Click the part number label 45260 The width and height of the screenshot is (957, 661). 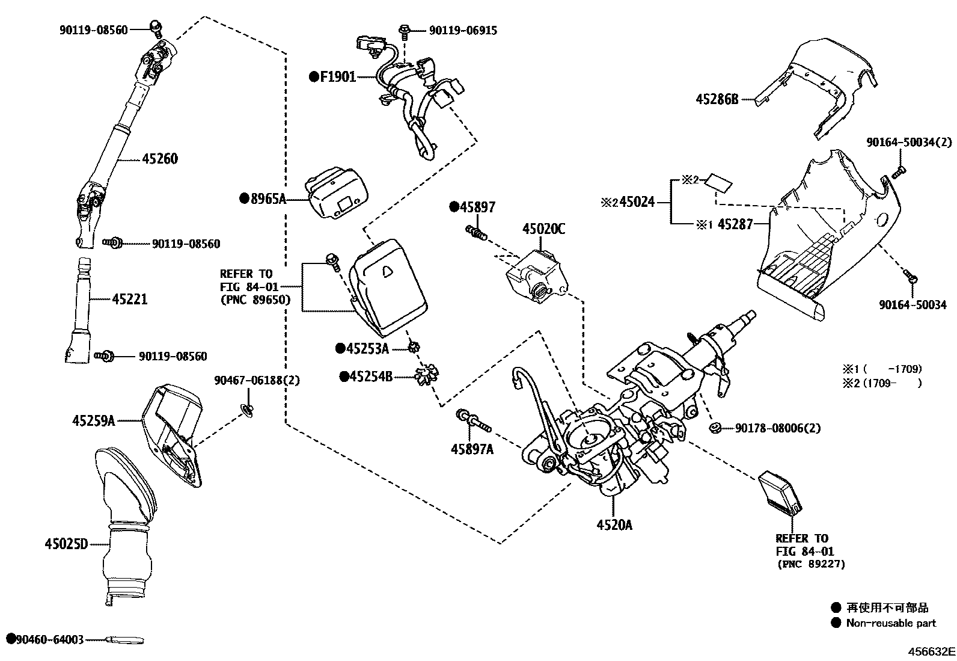[x=160, y=159]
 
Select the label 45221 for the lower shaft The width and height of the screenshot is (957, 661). [x=129, y=299]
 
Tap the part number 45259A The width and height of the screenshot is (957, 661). [x=93, y=422]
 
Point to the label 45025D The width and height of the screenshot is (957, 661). [x=66, y=544]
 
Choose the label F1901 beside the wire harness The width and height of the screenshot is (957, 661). [x=337, y=77]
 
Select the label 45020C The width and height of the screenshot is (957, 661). [x=543, y=229]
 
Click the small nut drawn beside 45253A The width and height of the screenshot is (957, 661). [x=413, y=347]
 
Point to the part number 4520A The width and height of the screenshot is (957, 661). [x=614, y=525]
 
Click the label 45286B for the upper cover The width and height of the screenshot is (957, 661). [x=717, y=100]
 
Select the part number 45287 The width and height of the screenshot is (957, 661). [x=736, y=224]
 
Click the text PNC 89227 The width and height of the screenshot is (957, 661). [x=811, y=564]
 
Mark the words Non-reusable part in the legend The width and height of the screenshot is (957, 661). [x=891, y=623]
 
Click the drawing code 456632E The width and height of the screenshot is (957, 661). [x=931, y=651]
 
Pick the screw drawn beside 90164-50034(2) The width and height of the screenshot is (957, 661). [x=899, y=171]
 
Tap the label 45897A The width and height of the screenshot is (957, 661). [x=472, y=449]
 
